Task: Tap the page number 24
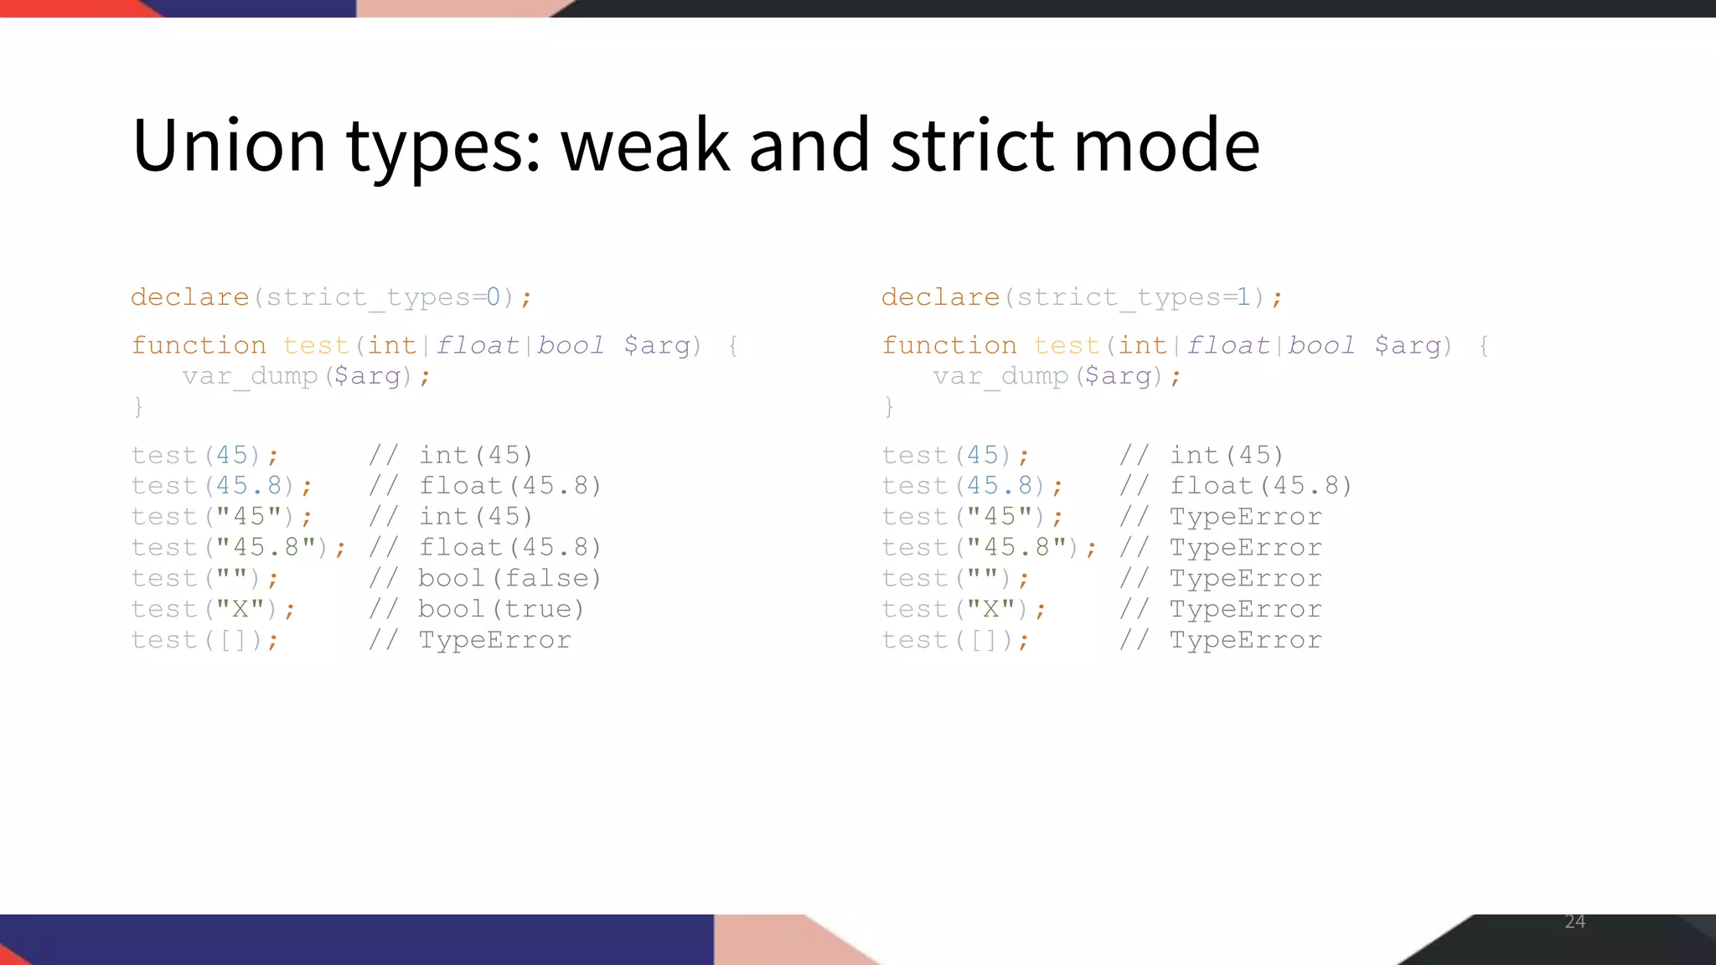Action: coord(1574,921)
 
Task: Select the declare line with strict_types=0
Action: coord(331,297)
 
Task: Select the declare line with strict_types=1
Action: coord(1081,297)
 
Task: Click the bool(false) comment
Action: coord(509,578)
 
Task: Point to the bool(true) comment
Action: coord(501,609)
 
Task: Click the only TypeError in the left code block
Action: coord(494,640)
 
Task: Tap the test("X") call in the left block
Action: coord(213,609)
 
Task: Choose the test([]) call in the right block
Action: coord(955,640)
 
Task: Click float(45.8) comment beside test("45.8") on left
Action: coord(509,548)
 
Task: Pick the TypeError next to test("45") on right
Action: coord(1245,517)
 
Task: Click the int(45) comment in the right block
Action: coord(1227,456)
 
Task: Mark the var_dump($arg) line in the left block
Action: coord(306,376)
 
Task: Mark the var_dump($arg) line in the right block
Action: coord(1057,376)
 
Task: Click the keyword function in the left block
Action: coord(199,345)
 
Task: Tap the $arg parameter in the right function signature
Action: coord(1408,345)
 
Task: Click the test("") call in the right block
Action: coord(955,578)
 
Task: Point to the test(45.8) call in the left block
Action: coord(221,486)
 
